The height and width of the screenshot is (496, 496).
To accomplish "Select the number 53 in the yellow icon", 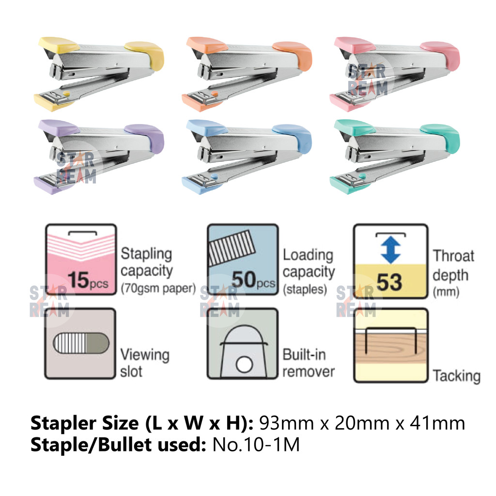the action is [x=389, y=281].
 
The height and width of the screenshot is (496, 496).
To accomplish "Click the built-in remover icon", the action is [x=243, y=344].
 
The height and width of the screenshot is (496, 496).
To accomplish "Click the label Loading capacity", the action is [x=309, y=263].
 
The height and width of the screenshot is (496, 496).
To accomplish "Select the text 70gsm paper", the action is [x=157, y=289].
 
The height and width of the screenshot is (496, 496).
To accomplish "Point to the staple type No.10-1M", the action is [x=256, y=445].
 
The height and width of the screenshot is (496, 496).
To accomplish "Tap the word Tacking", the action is [x=456, y=376].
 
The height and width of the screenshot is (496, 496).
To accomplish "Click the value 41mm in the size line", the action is [x=436, y=423].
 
